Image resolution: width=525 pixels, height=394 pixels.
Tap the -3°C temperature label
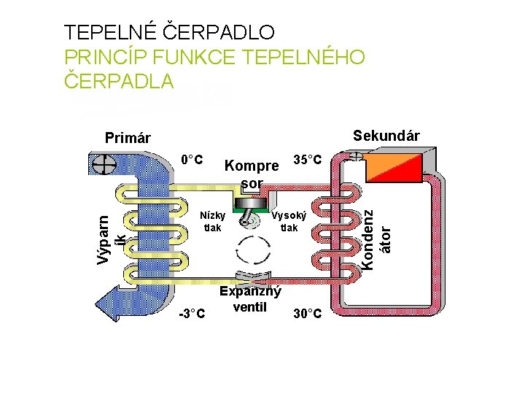[x=192, y=314]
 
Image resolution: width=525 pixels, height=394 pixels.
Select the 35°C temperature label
[x=306, y=159]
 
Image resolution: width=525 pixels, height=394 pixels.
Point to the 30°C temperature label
[x=307, y=314]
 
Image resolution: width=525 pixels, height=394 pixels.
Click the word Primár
[x=128, y=138]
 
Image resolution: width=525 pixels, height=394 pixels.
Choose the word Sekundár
[x=386, y=136]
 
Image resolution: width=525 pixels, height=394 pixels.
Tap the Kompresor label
[x=252, y=174]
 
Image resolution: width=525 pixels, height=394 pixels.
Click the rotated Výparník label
[x=114, y=230]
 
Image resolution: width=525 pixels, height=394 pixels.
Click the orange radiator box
[x=394, y=169]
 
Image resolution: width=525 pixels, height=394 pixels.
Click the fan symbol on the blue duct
[x=103, y=165]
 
